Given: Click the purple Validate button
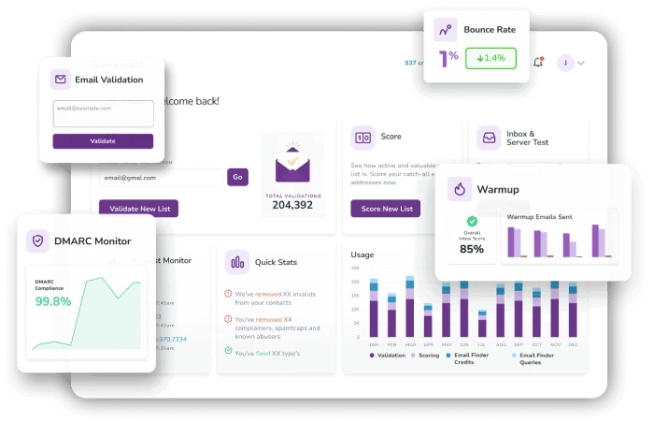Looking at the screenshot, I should click(103, 141).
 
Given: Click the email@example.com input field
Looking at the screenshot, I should click(103, 113).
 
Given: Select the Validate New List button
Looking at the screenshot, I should click(138, 209).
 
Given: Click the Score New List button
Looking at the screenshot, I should click(386, 209).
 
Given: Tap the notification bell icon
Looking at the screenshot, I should click(538, 63).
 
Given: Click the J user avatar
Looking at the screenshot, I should click(564, 63).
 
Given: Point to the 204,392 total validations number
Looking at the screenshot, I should click(291, 205).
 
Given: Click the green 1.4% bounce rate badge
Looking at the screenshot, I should click(490, 58).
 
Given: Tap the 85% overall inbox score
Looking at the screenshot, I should click(472, 249).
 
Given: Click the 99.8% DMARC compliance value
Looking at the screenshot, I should click(53, 301).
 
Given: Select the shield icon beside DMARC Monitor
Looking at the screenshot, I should click(38, 241).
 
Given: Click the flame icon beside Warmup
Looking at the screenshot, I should click(459, 189).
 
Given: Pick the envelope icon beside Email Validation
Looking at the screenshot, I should click(61, 80).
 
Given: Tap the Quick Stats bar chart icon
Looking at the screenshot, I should click(237, 263).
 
